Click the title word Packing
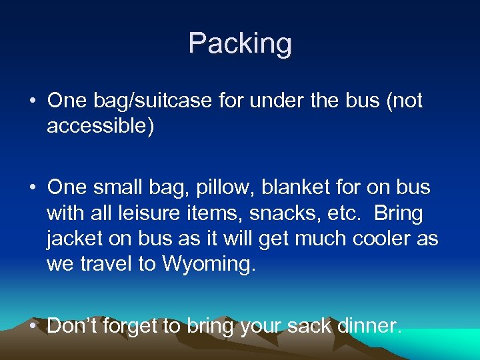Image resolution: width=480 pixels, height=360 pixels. pyautogui.click(x=239, y=44)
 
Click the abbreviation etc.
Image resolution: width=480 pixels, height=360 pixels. pyautogui.click(x=347, y=214)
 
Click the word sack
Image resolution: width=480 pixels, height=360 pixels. pyautogui.click(x=310, y=325)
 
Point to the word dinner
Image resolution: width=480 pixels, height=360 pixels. pyautogui.click(x=370, y=325)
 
